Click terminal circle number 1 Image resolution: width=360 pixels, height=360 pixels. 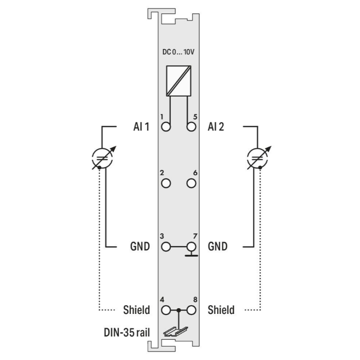[166, 127]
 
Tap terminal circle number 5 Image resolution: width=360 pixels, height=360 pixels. [191, 127]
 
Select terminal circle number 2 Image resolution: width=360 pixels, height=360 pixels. [166, 183]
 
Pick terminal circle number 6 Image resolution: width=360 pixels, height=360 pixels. [191, 183]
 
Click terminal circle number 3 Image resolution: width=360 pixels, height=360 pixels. [166, 247]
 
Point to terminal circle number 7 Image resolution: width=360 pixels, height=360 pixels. [191, 247]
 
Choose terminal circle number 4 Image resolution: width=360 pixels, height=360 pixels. [166, 310]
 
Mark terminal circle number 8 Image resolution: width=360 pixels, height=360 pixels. [191, 310]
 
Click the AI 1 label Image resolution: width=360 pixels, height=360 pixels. [142, 127]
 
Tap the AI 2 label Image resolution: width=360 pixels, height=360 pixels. [216, 127]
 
